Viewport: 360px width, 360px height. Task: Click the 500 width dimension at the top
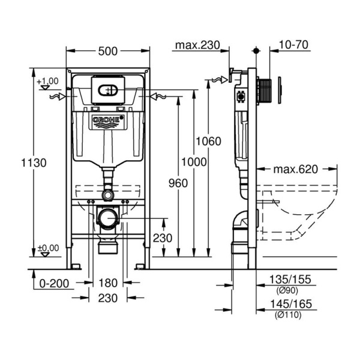tap(107, 52)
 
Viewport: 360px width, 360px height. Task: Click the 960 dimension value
tap(179, 182)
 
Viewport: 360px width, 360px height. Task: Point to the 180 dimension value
tap(107, 283)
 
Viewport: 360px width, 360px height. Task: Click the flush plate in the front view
tap(108, 90)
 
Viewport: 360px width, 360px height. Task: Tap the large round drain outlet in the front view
tap(107, 219)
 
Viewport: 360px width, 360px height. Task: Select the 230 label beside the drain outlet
tap(162, 238)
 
